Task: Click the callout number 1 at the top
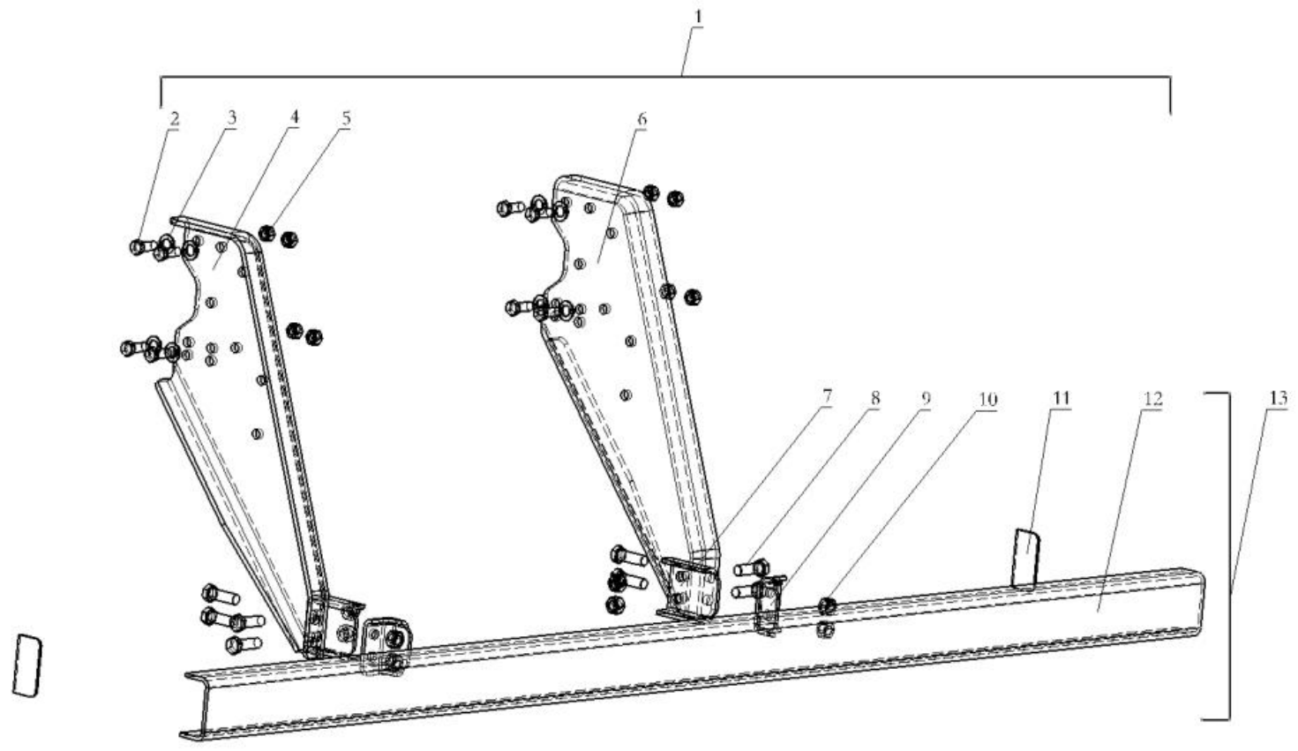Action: click(x=699, y=16)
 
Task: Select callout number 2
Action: click(x=174, y=118)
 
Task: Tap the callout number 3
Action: click(x=232, y=118)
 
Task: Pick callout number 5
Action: click(x=347, y=118)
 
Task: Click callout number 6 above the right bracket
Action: click(x=641, y=118)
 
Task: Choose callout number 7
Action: click(x=827, y=398)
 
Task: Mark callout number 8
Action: click(x=875, y=399)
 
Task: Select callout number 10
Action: click(x=987, y=400)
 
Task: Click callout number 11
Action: click(x=1060, y=399)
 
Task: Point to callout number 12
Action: click(x=1152, y=400)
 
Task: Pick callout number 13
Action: click(x=1278, y=399)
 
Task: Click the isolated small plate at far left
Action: click(x=27, y=665)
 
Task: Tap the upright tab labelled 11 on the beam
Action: click(x=1025, y=556)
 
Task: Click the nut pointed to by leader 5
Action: click(x=267, y=233)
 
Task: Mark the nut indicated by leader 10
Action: click(x=828, y=605)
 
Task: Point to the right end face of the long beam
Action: click(x=1200, y=600)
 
